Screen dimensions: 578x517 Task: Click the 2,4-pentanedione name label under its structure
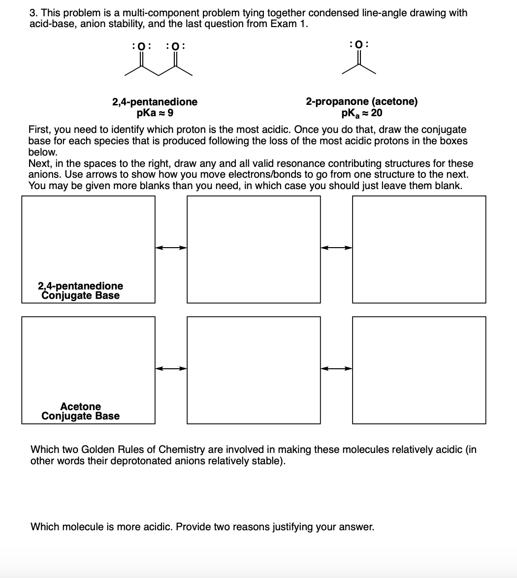tap(155, 102)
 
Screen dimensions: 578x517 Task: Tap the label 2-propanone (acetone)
tap(361, 102)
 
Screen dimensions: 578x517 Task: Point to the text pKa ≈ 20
tap(361, 113)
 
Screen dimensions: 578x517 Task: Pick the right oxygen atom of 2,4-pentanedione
tap(175, 47)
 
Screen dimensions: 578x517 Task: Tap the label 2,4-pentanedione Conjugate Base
tap(80, 290)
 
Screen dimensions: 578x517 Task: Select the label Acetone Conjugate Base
tap(80, 411)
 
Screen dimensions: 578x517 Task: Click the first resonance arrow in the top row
tap(171, 248)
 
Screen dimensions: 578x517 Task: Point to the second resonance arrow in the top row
tap(336, 248)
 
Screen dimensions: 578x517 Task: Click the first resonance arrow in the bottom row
tap(171, 368)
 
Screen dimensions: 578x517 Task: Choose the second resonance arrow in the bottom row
tap(336, 368)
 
